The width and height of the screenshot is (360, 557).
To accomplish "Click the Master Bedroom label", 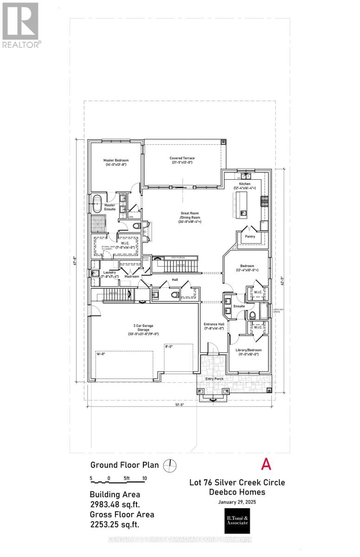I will pyautogui.click(x=116, y=162).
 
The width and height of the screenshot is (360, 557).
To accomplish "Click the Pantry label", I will pyautogui.click(x=250, y=236).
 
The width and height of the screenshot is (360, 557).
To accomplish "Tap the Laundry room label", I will pyautogui.click(x=109, y=274).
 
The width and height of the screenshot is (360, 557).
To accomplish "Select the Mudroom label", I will pyautogui.click(x=132, y=276).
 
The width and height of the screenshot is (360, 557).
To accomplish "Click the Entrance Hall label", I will pyautogui.click(x=214, y=325).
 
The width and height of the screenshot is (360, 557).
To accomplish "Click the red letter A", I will pyautogui.click(x=266, y=464).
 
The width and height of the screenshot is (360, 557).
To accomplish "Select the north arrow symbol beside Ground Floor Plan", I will pyautogui.click(x=171, y=465).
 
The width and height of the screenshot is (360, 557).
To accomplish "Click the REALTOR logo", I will pyautogui.click(x=21, y=25).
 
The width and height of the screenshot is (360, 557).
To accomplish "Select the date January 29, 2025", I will pyautogui.click(x=237, y=502).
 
